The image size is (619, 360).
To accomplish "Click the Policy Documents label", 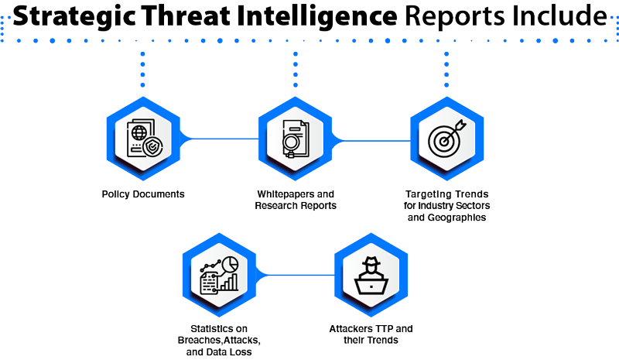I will coord(143,194).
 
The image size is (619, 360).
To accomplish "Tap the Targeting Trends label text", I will coord(446,205).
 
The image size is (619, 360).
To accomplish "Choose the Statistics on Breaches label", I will coord(219,339).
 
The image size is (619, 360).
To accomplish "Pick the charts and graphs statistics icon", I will coord(219,276).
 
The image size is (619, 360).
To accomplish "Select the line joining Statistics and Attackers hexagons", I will coord(295,274).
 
